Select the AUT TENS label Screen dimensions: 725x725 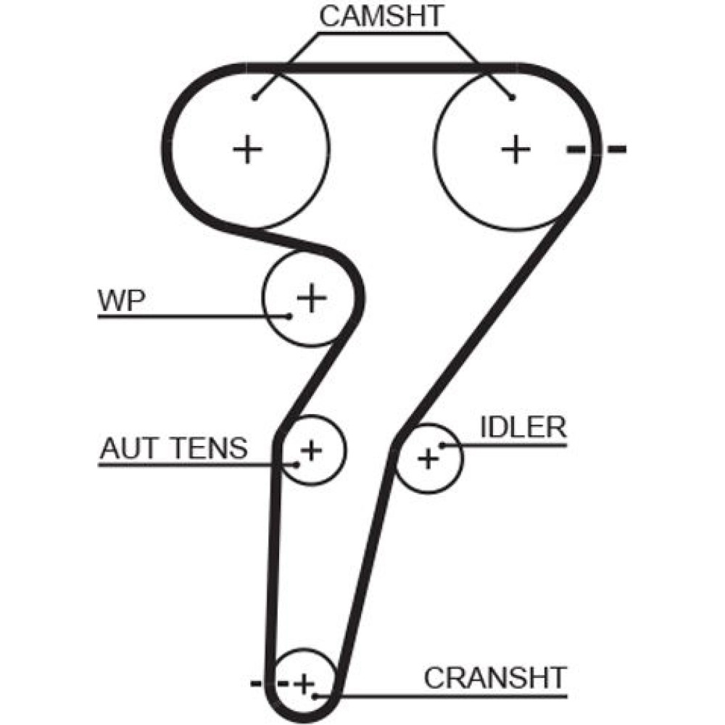173,449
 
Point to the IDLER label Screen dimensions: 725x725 522,427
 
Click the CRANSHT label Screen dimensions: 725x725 494,678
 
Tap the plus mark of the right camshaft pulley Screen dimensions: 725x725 516,149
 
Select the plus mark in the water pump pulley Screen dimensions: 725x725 312,297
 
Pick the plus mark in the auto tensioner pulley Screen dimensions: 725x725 310,450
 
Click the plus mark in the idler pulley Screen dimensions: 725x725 428,457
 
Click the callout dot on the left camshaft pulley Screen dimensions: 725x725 254,97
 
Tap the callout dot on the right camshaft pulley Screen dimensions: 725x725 512,97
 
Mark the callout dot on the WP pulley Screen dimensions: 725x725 289,315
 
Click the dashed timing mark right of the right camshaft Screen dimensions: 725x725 596,150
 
